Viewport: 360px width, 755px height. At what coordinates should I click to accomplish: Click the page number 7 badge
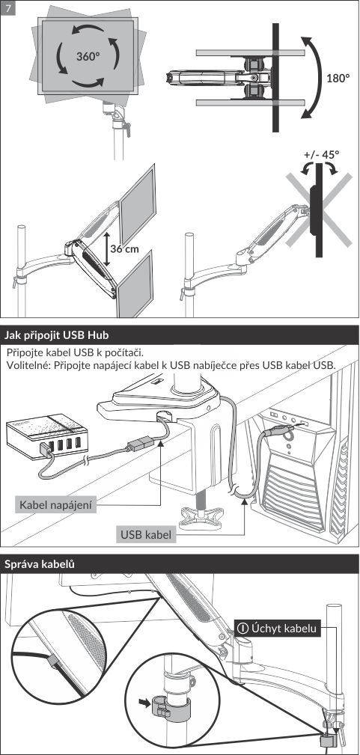(x=8, y=9)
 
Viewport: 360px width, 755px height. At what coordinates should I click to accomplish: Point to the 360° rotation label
(x=88, y=56)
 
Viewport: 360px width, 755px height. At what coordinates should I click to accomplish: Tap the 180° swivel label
(x=338, y=78)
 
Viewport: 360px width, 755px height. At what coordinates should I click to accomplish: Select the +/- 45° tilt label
(x=322, y=155)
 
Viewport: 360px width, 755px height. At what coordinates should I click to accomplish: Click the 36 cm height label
(x=124, y=249)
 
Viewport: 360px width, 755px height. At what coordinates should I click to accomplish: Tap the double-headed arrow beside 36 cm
(x=106, y=248)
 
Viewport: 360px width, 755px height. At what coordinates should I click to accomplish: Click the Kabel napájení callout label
(x=55, y=505)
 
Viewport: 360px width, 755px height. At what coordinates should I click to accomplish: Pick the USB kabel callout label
(x=146, y=534)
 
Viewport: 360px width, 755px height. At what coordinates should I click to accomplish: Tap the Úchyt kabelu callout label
(x=278, y=629)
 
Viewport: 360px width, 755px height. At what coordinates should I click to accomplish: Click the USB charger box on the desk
(x=46, y=435)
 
